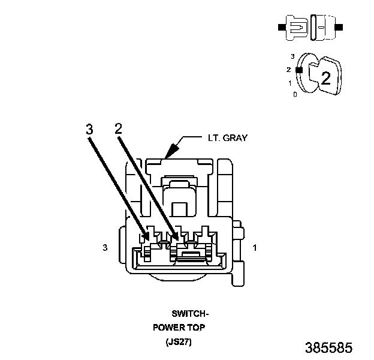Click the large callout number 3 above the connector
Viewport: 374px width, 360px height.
(89, 129)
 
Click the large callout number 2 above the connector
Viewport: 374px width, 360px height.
(119, 128)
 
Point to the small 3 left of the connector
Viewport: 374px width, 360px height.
(105, 247)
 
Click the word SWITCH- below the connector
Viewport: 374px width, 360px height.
(191, 313)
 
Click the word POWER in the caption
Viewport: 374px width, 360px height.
(170, 328)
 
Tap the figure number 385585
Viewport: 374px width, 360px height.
(328, 348)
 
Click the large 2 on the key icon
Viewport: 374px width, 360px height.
(326, 78)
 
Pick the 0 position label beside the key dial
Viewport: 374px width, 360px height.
(295, 95)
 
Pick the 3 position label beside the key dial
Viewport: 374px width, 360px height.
(292, 56)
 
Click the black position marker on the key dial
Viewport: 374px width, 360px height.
(298, 70)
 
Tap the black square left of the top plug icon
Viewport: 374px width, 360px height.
(280, 28)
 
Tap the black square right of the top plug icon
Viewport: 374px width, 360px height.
(340, 28)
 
